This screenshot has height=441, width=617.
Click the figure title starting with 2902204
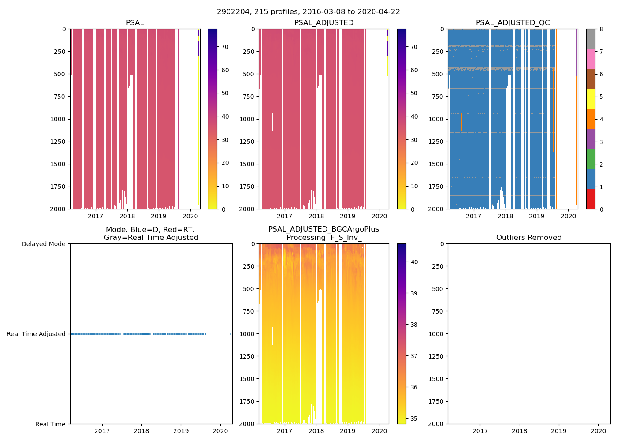pyautogui.click(x=308, y=12)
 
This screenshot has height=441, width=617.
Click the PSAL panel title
pyautogui.click(x=135, y=23)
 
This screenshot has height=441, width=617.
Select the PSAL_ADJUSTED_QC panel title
pyautogui.click(x=513, y=23)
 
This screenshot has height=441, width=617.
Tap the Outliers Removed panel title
pyautogui.click(x=529, y=238)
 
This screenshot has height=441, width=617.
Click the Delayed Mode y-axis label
pyautogui.click(x=43, y=244)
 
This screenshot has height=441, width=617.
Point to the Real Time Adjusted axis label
pyautogui.click(x=36, y=334)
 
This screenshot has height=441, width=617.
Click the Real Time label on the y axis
pyautogui.click(x=50, y=424)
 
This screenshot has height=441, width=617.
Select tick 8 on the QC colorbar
pyautogui.click(x=602, y=29)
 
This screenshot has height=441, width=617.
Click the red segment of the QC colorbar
pyautogui.click(x=591, y=199)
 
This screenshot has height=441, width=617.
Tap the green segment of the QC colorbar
pyautogui.click(x=591, y=159)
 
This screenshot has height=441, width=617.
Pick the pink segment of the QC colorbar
pyautogui.click(x=591, y=59)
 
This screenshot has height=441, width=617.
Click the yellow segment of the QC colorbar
pyautogui.click(x=591, y=99)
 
